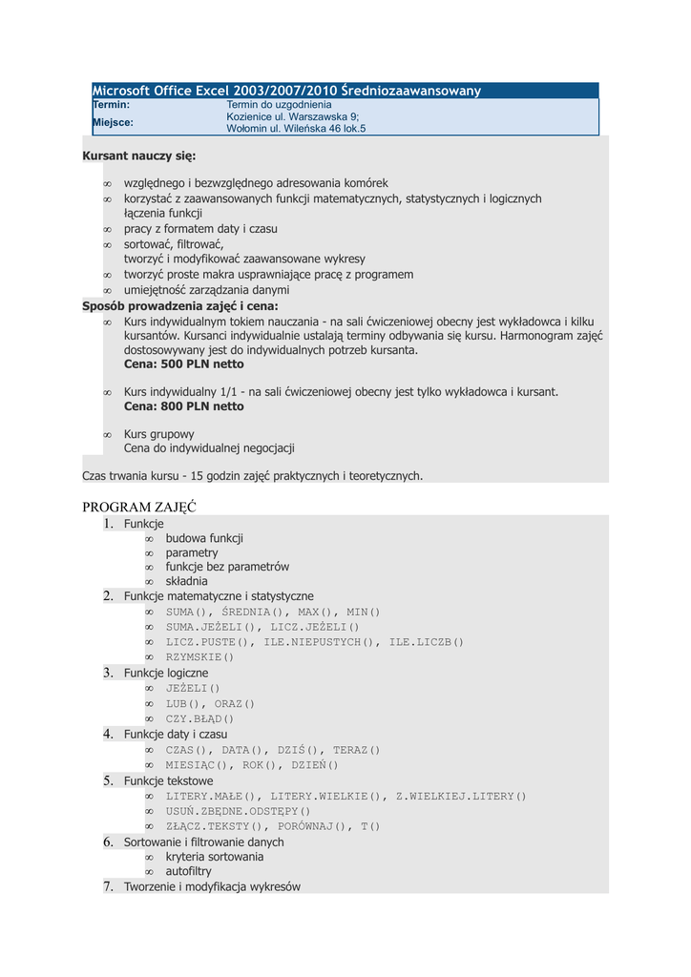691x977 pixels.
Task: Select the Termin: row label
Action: point(111,104)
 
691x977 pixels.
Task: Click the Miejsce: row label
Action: point(113,122)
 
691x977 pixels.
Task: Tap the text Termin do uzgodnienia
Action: point(279,104)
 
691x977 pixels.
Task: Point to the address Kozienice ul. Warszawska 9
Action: point(292,116)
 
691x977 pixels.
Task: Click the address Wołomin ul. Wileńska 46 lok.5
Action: point(295,128)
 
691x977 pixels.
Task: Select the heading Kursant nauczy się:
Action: point(139,155)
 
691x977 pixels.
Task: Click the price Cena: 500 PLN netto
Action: point(183,364)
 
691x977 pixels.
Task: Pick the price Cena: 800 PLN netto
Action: point(183,406)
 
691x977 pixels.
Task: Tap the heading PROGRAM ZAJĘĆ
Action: point(139,507)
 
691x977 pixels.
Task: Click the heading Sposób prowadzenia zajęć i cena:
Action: point(180,306)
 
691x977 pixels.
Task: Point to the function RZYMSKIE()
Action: point(199,657)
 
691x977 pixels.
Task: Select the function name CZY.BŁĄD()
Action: point(199,718)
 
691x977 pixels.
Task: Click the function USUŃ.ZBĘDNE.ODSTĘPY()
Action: point(239,811)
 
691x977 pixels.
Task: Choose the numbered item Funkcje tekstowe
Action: point(169,780)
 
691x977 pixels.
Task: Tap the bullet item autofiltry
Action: point(189,871)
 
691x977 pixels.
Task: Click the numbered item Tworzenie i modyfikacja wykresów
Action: point(212,886)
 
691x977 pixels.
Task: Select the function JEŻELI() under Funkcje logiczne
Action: point(193,688)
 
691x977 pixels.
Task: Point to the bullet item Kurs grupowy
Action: point(159,434)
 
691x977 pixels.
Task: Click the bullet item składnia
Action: point(186,581)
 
